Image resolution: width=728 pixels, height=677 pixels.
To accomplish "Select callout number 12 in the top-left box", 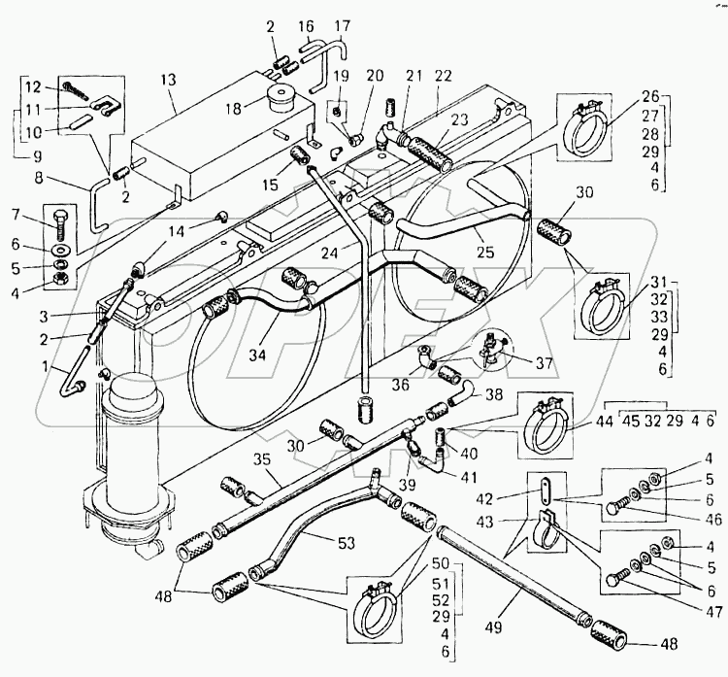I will (33, 85).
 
